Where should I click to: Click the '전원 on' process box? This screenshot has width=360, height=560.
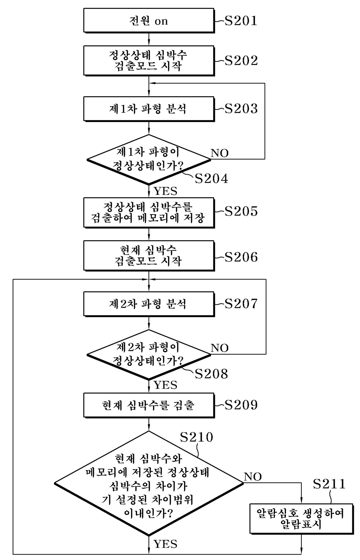149,20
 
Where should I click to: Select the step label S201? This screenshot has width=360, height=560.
241,21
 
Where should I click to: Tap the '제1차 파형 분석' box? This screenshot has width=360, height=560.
149,109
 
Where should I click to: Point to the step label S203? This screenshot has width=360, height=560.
241,109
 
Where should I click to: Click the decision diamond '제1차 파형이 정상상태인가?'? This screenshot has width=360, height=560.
149,159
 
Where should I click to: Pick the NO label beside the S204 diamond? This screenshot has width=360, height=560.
219,153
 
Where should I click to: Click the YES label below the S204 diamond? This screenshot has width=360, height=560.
165,191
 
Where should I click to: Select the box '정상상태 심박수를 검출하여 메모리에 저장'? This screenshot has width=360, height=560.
149,213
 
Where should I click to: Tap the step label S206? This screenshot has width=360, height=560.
241,257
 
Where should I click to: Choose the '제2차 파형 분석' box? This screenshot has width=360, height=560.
149,304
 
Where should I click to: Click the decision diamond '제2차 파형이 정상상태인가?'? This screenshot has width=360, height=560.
149,354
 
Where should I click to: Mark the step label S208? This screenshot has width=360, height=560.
211,374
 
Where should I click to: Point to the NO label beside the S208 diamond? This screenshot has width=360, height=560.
219,348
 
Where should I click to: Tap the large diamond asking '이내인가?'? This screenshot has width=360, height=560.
149,483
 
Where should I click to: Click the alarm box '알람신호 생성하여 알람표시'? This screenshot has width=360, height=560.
301,518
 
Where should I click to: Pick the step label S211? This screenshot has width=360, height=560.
329,484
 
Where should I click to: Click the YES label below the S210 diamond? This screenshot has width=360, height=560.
165,544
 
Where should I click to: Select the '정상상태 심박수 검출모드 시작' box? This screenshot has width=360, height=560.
149,60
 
